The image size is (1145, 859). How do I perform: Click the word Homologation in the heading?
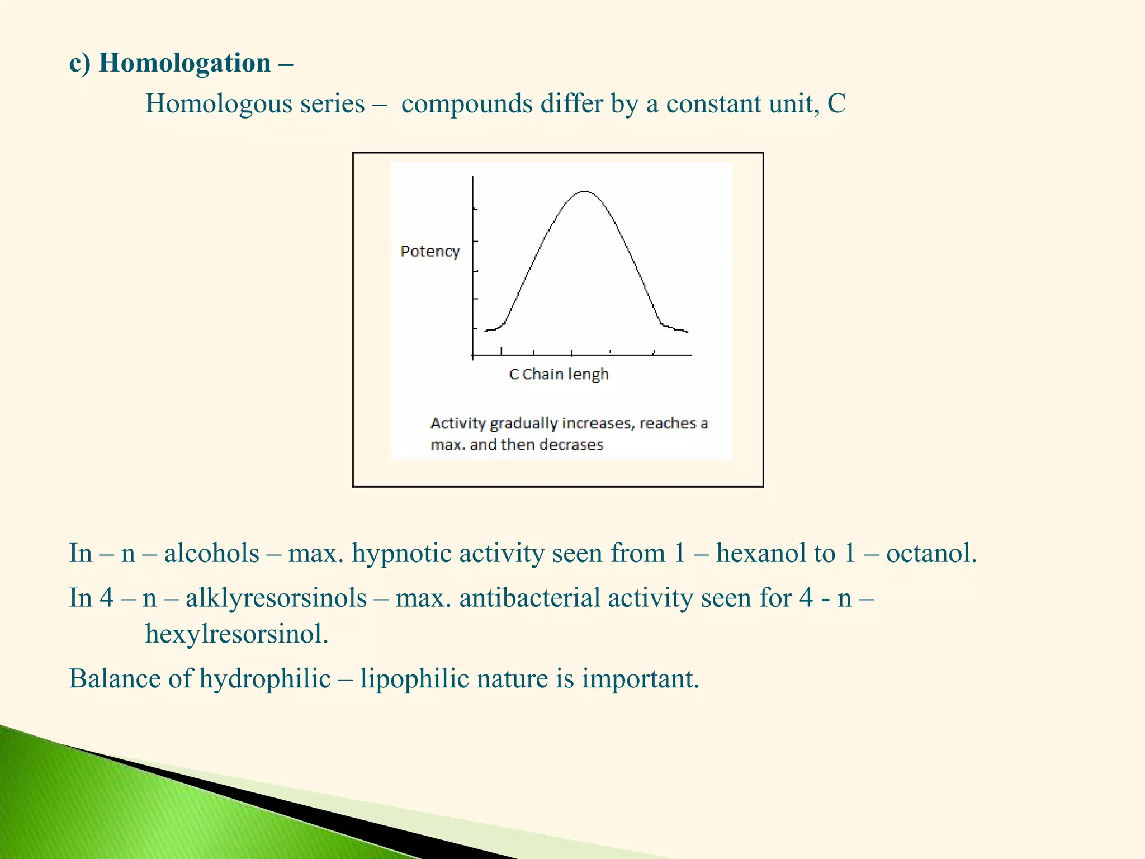[184, 63]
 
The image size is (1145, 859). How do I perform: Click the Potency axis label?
[430, 252]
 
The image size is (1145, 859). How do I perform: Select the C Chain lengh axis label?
[559, 374]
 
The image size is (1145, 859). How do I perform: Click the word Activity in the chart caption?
[458, 423]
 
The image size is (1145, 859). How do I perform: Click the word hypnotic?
[401, 554]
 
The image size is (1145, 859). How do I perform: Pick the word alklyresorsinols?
[276, 598]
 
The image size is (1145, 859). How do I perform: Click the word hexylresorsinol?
[236, 634]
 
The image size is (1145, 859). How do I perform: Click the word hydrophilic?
[265, 679]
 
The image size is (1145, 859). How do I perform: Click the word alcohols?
[211, 554]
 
